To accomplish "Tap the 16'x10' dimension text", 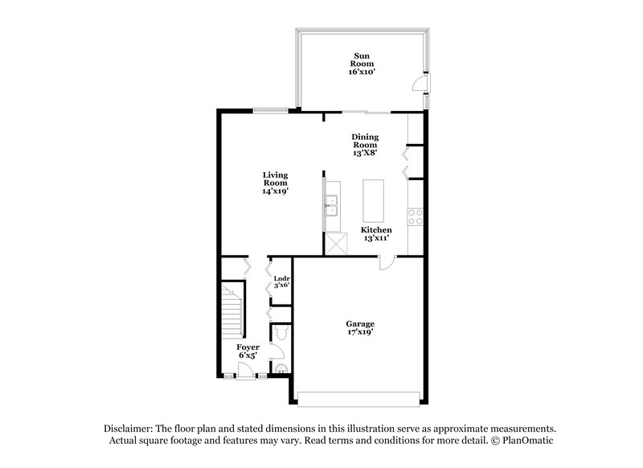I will pos(362,72).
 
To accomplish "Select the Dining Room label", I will pos(366,142).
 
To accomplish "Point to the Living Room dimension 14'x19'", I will pos(276,192).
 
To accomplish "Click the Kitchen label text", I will pos(376,230).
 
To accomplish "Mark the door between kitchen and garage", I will pos(387,261).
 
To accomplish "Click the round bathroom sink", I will pos(280,367).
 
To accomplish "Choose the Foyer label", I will pos(248,347).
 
